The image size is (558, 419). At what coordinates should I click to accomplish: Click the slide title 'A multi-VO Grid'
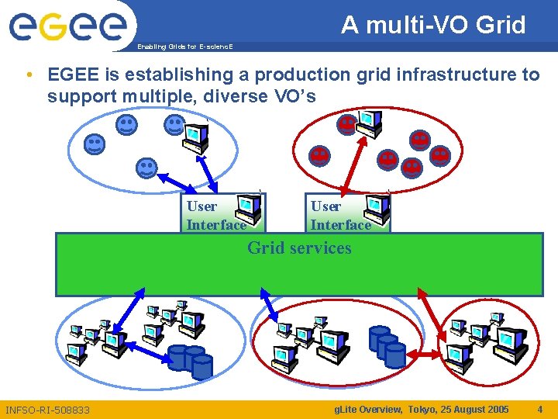coord(433,25)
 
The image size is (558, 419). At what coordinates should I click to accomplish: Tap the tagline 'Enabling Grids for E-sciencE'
coord(184,47)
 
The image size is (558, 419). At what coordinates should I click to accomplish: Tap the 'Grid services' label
coord(299,248)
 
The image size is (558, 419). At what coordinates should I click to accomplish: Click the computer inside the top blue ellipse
coord(194,137)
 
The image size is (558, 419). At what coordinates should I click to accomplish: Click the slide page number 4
coord(539,409)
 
